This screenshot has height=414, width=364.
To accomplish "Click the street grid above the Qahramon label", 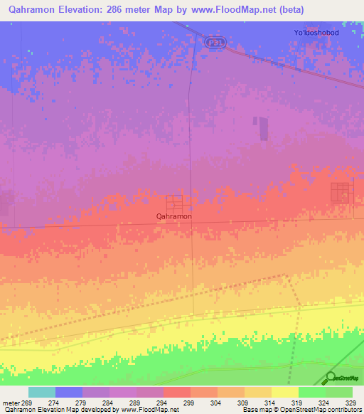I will coord(174,203).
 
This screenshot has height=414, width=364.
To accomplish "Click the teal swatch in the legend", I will coord(42,392).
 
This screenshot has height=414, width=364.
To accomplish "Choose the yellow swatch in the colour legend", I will coord(285,392).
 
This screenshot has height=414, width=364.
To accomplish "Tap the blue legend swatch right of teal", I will coord(69,392).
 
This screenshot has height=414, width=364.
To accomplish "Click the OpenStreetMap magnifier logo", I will coord(331,377).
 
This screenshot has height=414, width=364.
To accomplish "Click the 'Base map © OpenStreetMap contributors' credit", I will coord(301,410).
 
